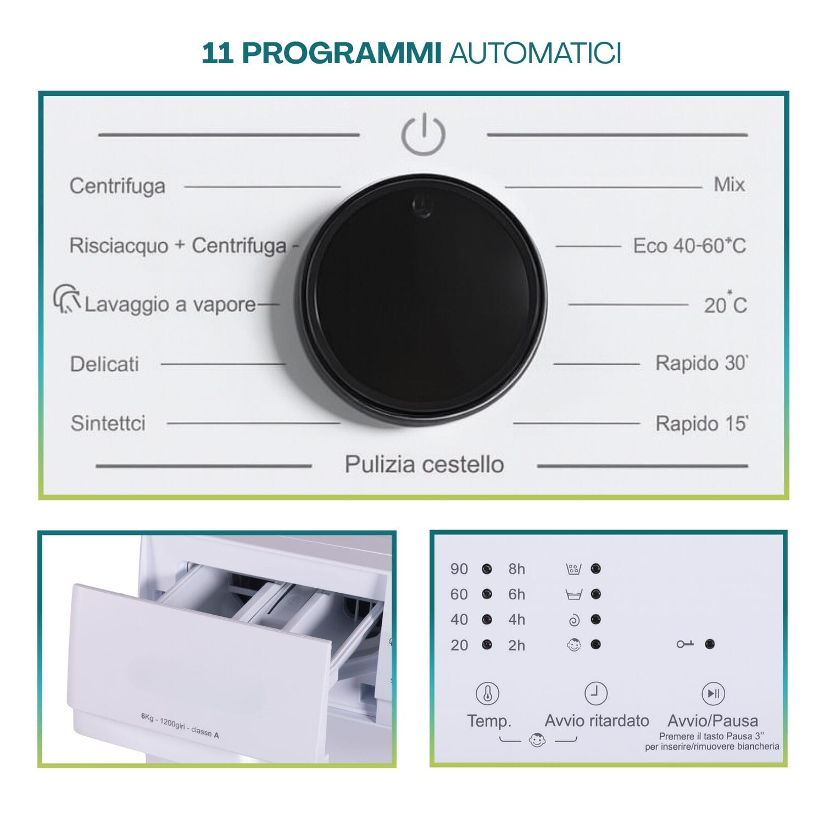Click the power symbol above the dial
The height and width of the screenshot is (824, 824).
[x=422, y=135]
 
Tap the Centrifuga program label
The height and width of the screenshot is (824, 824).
[x=117, y=186]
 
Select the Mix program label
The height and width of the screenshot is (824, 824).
[x=729, y=185]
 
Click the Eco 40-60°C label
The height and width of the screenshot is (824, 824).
[x=689, y=246]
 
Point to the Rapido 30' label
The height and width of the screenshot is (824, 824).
[x=701, y=363]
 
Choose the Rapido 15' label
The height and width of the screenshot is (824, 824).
[x=701, y=424]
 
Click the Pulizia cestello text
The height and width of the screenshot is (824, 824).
[x=424, y=464]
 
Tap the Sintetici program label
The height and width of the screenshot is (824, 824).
[x=108, y=423]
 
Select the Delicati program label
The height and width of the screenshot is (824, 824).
[x=104, y=364]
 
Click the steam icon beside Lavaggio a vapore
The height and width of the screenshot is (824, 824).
[x=67, y=299]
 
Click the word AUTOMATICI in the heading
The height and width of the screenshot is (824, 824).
[x=535, y=53]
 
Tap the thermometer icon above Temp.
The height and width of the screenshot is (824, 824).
[x=487, y=694]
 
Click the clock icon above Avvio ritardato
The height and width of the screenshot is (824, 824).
[x=596, y=693]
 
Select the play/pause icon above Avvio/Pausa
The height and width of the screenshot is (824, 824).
[x=713, y=693]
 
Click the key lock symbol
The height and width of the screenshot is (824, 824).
[x=684, y=644]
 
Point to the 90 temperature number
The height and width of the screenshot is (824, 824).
[x=459, y=569]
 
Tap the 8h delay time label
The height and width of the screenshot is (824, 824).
[x=516, y=569]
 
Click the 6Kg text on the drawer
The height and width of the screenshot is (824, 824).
[x=147, y=716]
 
